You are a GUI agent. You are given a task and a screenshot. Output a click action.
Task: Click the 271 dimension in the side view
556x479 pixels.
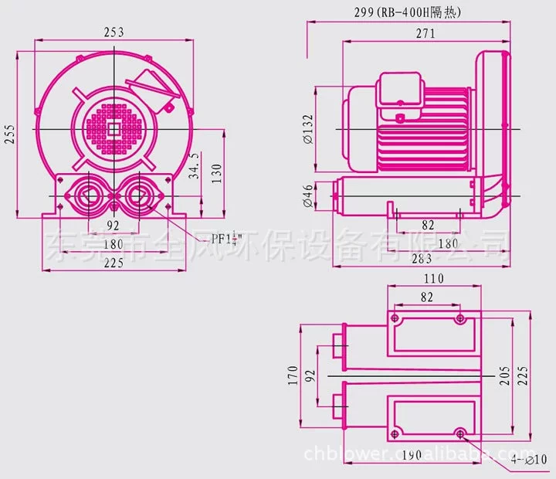[x=424, y=33]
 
